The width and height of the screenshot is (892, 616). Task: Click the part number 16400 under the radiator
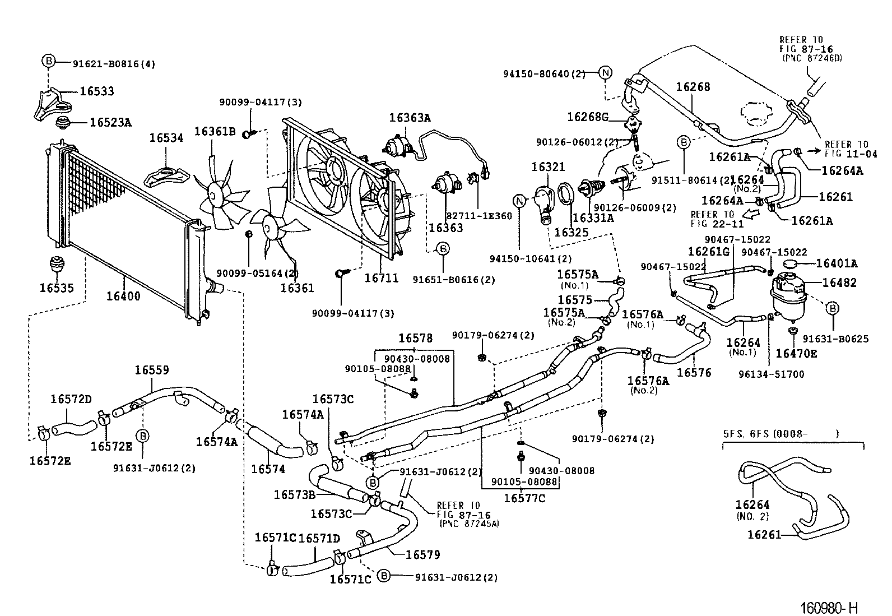tap(123, 296)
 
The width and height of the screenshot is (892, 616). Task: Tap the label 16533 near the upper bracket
tap(96, 91)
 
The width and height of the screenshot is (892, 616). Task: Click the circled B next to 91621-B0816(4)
tap(48, 62)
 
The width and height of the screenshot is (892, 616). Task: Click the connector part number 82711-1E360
tap(479, 216)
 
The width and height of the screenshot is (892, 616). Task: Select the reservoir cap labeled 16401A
tap(790, 263)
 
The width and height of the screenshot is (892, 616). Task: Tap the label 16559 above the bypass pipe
tap(151, 370)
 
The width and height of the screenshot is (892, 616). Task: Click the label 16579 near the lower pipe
tap(422, 555)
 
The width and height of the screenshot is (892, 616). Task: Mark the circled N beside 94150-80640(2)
tap(605, 72)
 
